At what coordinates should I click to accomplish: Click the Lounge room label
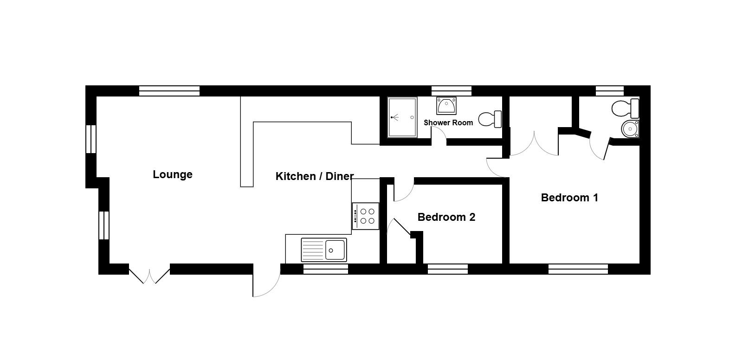(x=173, y=174)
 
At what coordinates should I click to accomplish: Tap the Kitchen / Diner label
(x=315, y=176)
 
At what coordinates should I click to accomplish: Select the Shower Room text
(x=448, y=122)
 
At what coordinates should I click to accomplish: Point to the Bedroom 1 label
(x=569, y=198)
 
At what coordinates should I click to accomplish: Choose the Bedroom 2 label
(x=446, y=217)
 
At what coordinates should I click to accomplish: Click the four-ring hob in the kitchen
(x=366, y=216)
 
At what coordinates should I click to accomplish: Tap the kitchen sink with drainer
(x=323, y=250)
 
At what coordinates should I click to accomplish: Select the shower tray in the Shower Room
(x=402, y=117)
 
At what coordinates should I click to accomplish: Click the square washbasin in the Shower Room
(x=446, y=105)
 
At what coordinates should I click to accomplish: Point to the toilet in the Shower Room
(x=490, y=119)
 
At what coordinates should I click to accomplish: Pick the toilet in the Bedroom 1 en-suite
(x=625, y=108)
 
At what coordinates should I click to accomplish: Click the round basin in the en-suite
(x=630, y=129)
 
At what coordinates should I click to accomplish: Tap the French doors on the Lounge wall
(x=149, y=275)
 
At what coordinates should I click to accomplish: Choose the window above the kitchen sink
(x=325, y=270)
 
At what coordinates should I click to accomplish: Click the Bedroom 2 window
(x=447, y=270)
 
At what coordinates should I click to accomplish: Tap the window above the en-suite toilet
(x=610, y=90)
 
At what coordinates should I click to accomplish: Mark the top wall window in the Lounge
(x=169, y=90)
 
